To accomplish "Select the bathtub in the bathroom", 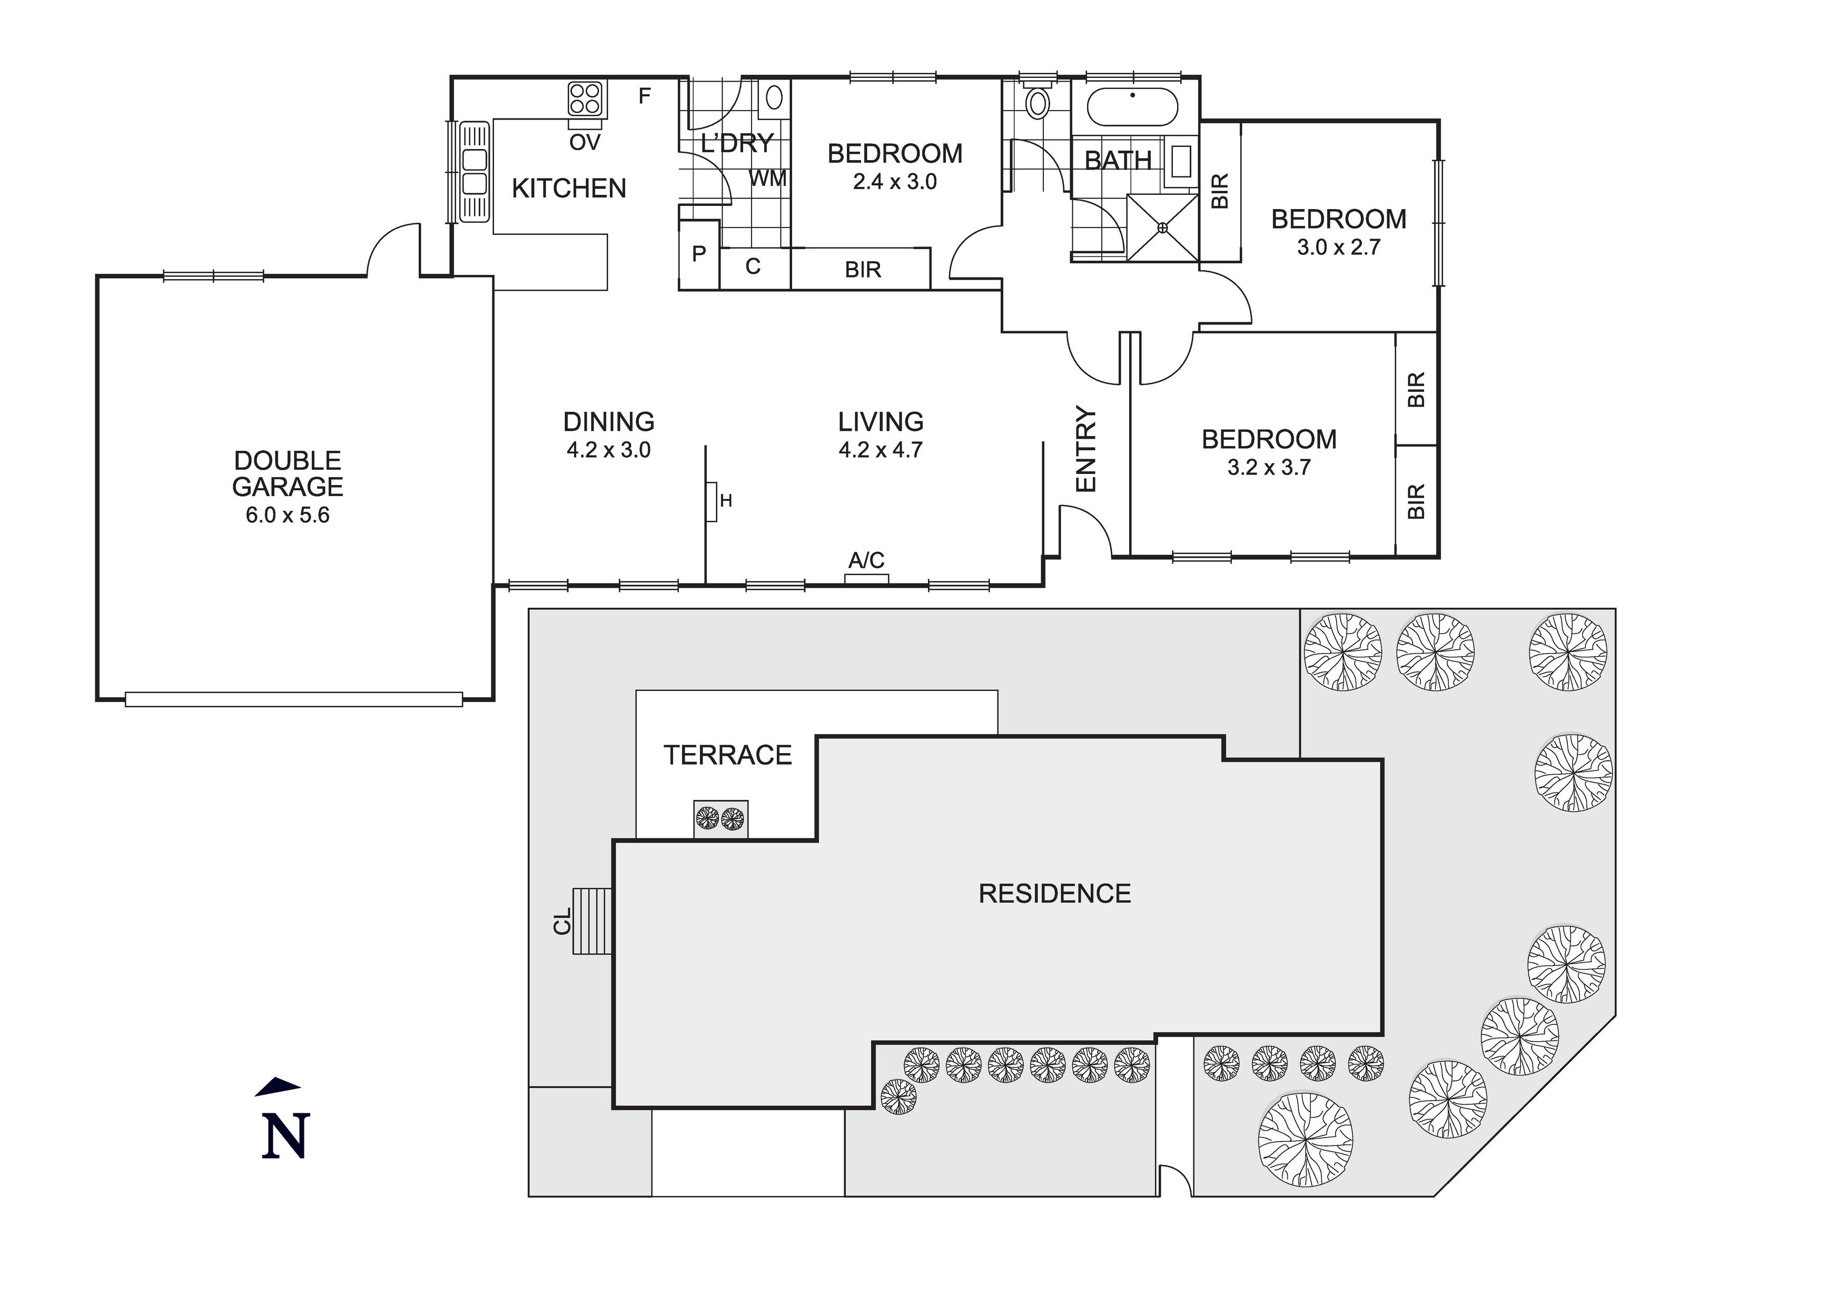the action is (1133, 107).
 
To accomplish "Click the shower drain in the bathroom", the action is (1162, 228).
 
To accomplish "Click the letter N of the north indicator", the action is (285, 1135).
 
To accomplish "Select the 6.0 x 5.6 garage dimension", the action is (288, 515).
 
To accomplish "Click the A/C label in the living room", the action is (866, 560).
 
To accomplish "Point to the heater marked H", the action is (712, 502).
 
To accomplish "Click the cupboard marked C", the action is (753, 266).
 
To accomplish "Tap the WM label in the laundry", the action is (768, 179).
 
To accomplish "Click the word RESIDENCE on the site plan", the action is (1054, 893).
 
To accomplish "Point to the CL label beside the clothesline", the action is (562, 921).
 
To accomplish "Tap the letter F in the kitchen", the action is (644, 96).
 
